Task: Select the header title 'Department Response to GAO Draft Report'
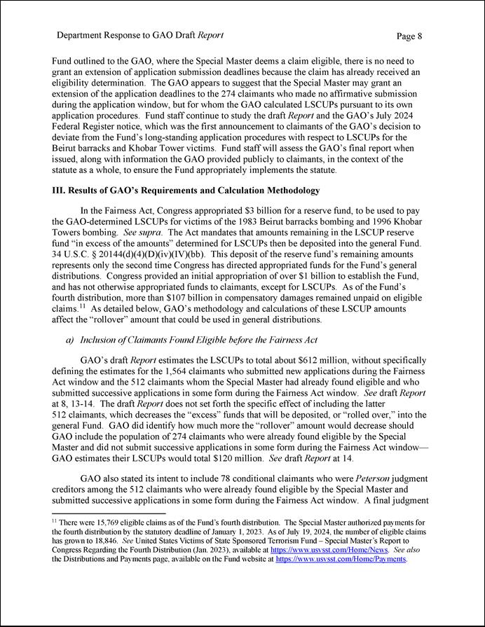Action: pos(140,35)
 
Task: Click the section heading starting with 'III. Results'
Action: pos(186,191)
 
